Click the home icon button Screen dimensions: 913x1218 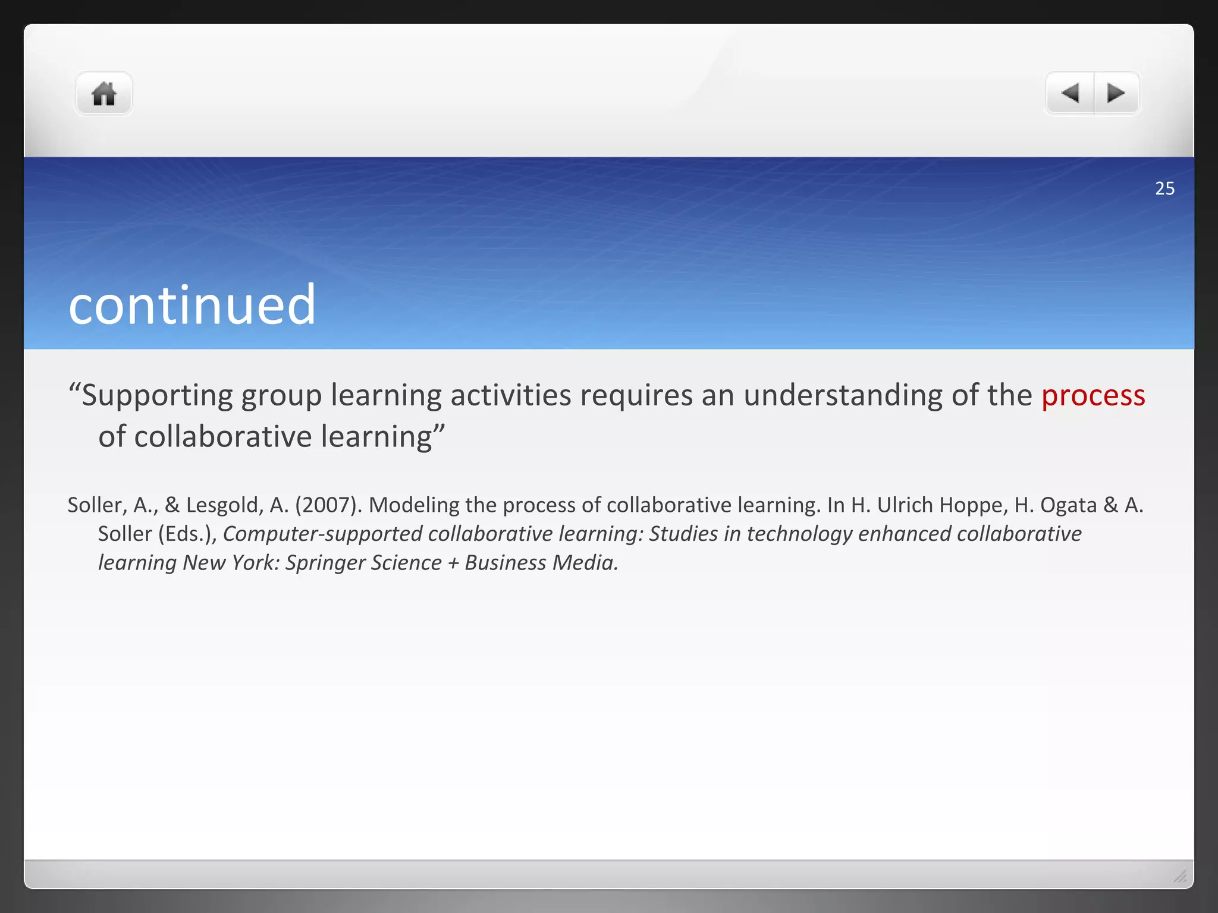(103, 94)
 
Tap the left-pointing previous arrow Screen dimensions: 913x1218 (1070, 93)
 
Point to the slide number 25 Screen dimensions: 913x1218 (1164, 188)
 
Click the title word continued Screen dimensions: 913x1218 (192, 305)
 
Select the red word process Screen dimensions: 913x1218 (1093, 396)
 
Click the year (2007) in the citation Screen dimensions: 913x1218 (328, 505)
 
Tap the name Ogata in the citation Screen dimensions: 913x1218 (1068, 505)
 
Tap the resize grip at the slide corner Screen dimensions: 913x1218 (1180, 876)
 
